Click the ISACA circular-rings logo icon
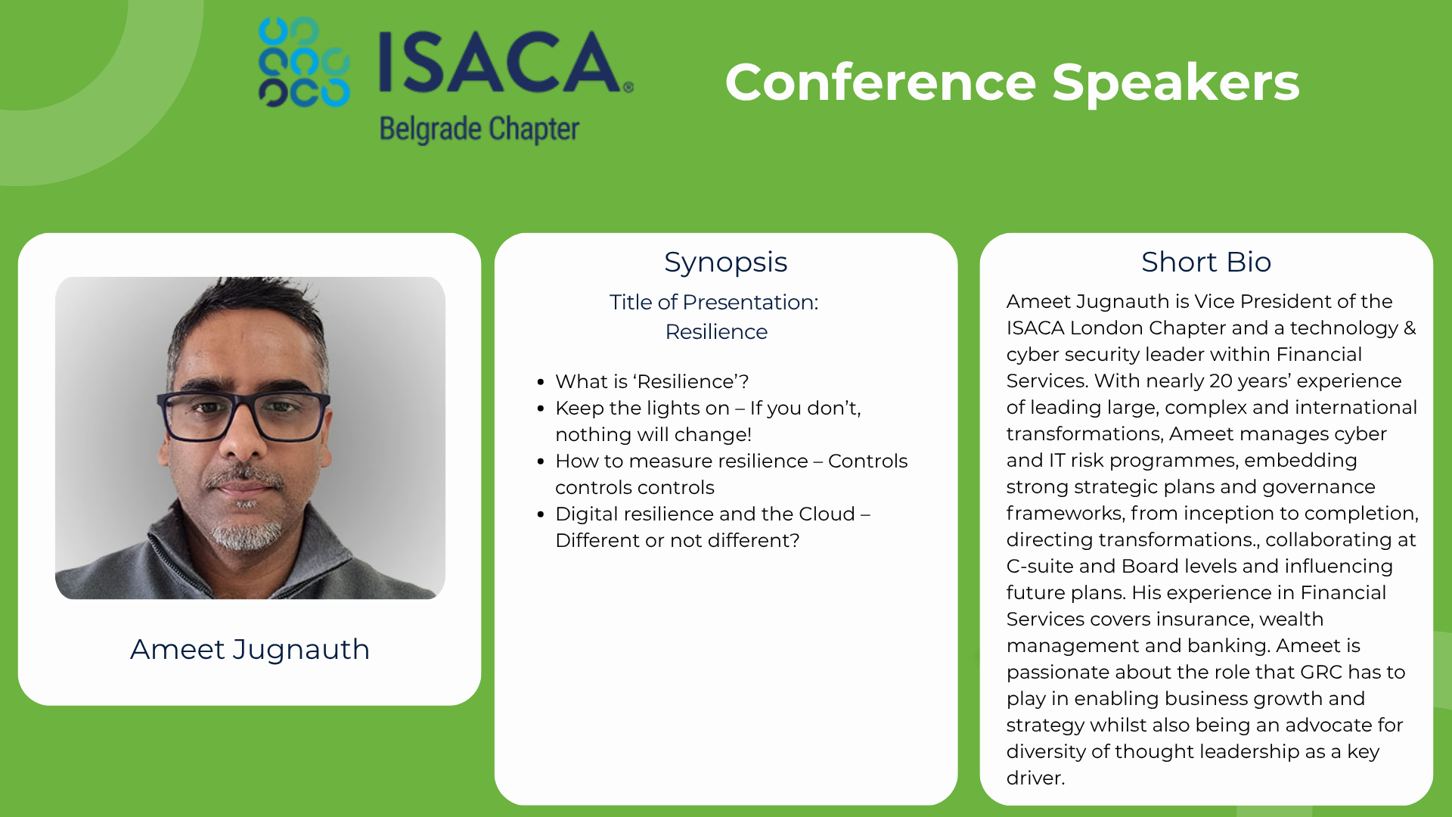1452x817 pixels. (304, 62)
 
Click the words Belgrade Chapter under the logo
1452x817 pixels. (479, 129)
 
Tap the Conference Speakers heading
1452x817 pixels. (1012, 82)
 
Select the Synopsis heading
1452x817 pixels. (726, 262)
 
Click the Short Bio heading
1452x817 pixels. (1206, 262)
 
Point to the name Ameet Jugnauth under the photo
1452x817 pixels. (250, 649)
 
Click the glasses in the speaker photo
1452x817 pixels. (244, 415)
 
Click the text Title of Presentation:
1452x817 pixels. (714, 302)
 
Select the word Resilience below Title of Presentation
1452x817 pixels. (716, 331)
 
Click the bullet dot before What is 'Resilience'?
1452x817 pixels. (540, 383)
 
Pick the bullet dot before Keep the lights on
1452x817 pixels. (540, 409)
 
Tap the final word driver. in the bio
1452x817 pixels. (1035, 778)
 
